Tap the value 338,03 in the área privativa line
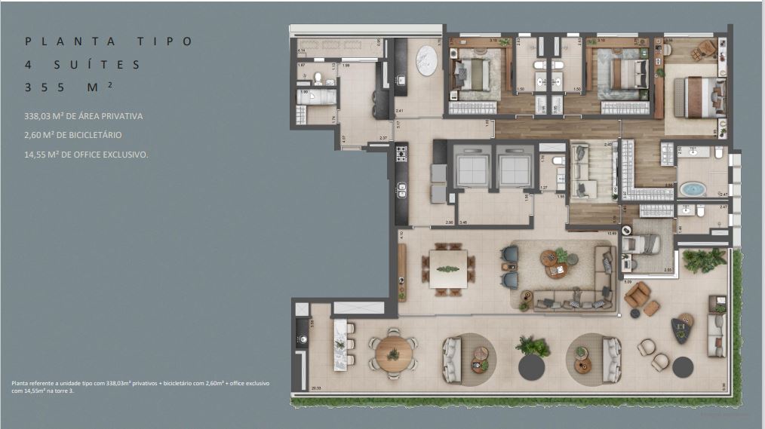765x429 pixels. click(43, 116)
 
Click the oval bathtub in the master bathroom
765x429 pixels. click(692, 188)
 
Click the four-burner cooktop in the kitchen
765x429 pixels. click(401, 154)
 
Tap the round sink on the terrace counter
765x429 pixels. click(303, 339)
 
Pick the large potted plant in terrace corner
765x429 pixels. click(704, 260)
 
